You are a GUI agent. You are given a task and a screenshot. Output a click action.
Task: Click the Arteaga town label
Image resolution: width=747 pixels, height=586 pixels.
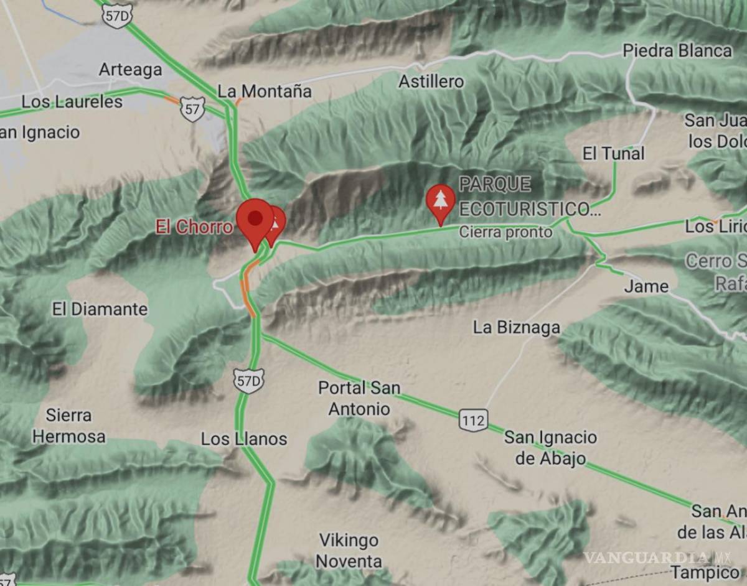tap(131, 70)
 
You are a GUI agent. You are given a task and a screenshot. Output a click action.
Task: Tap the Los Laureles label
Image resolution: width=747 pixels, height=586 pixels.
tap(72, 102)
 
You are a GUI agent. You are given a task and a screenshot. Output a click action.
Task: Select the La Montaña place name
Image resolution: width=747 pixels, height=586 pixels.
tap(265, 91)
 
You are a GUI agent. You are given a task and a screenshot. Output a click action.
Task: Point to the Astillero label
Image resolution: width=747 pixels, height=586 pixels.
tap(431, 81)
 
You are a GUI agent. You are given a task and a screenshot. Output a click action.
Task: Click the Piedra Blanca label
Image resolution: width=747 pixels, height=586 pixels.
tap(677, 51)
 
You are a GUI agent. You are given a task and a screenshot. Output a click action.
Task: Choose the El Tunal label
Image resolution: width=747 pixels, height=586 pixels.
tap(613, 153)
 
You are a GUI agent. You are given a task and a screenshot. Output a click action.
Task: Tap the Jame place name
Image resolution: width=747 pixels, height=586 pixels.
tap(646, 287)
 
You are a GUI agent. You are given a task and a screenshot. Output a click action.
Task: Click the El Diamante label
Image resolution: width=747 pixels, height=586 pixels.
tap(100, 309)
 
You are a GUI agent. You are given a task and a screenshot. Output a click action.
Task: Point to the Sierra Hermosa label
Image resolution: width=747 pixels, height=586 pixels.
tap(68, 426)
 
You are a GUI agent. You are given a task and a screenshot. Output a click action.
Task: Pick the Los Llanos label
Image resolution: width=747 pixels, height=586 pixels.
tap(244, 439)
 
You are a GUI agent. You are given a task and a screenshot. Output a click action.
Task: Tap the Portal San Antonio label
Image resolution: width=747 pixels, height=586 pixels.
tap(359, 398)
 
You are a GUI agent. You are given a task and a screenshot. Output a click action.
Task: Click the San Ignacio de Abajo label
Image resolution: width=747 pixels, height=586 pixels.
tap(550, 448)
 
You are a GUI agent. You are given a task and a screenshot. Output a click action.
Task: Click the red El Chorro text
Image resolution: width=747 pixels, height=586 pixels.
tap(194, 227)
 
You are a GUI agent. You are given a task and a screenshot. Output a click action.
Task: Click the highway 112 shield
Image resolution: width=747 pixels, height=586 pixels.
tap(473, 421)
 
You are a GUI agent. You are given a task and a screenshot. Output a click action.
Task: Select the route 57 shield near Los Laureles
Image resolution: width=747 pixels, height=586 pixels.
tap(192, 109)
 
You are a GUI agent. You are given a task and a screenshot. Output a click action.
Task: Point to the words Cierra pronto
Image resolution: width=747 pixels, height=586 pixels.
tap(505, 232)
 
